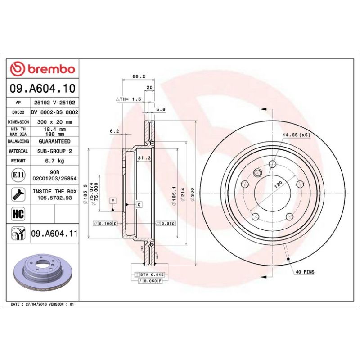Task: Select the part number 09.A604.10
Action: (x=42, y=89)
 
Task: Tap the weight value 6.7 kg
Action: (x=54, y=161)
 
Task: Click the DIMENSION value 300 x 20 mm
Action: (x=54, y=122)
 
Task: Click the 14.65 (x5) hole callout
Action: (x=296, y=135)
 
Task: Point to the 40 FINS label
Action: (x=305, y=272)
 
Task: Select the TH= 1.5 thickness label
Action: (x=129, y=98)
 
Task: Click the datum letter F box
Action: (x=112, y=200)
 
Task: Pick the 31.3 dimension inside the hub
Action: (x=143, y=158)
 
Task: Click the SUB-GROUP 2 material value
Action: (x=54, y=151)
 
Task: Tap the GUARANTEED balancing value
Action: (x=54, y=141)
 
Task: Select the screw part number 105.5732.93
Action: (x=54, y=198)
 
